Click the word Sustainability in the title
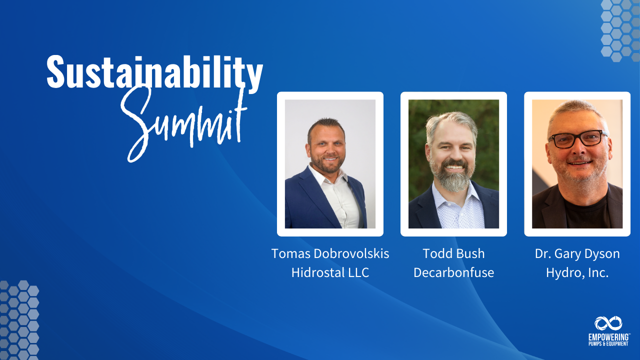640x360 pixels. tap(154, 73)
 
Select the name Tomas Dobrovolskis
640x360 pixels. tap(330, 253)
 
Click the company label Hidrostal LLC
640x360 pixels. tap(330, 273)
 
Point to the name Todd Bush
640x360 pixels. tap(453, 253)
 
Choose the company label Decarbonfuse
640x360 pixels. tap(453, 273)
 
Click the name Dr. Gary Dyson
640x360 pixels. tap(577, 253)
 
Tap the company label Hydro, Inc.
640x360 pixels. tap(577, 273)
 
